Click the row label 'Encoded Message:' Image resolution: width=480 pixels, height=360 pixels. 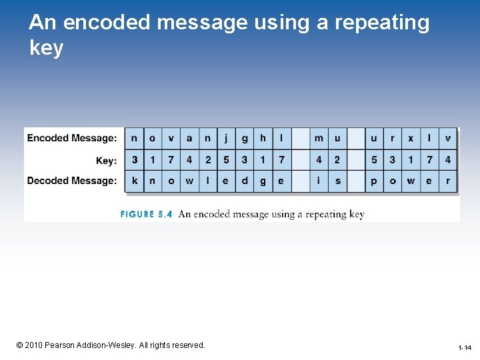pos(72,138)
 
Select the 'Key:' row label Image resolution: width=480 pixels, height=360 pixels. pos(106,160)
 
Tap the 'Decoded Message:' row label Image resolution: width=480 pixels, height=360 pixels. pos(72,181)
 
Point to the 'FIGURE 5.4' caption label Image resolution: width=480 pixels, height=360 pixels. pos(146,215)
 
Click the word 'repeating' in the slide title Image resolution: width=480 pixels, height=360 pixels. pos(382,23)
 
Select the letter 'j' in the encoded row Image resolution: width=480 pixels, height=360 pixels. pos(226,138)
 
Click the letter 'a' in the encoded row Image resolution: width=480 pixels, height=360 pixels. pos(189,138)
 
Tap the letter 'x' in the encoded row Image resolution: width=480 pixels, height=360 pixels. pos(411,138)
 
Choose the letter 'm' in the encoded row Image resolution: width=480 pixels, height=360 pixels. pos(319,138)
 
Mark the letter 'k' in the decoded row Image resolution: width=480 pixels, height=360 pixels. pos(135,181)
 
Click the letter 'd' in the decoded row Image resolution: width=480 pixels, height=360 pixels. pos(245,181)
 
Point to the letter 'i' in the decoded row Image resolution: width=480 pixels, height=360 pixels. pos(319,181)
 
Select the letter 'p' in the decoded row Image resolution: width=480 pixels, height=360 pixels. pos(374,181)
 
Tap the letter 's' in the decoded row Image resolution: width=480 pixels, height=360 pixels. pos(337,181)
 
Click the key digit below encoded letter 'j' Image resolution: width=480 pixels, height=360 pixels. pos(226,160)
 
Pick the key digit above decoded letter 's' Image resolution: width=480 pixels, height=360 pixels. pos(337,160)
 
